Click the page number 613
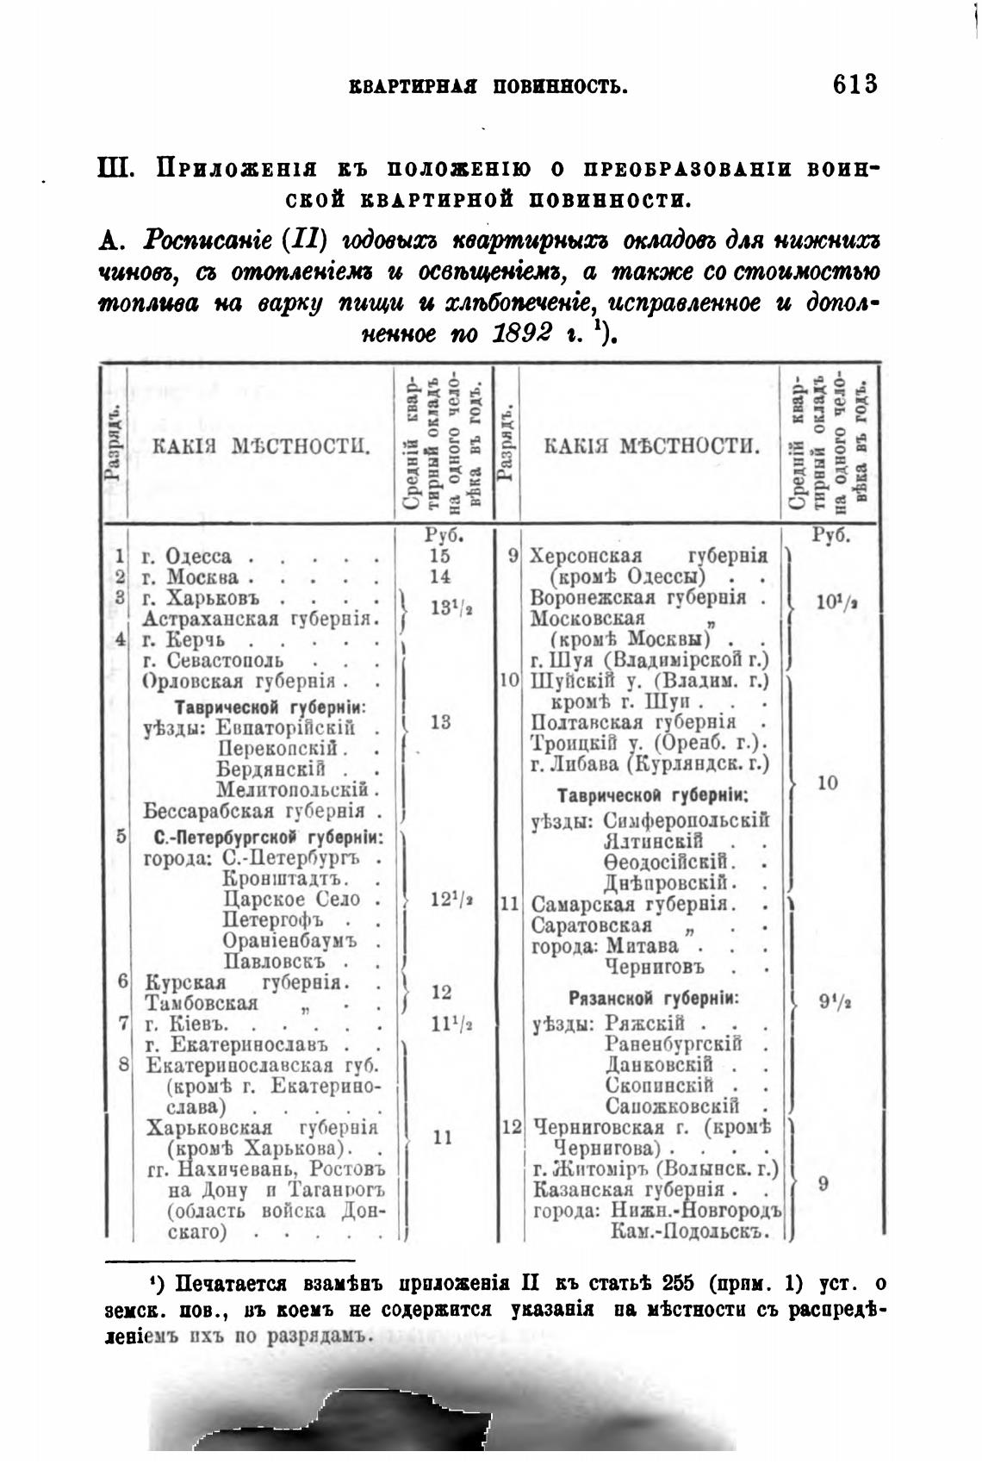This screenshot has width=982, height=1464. click(855, 84)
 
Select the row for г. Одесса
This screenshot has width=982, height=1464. click(197, 556)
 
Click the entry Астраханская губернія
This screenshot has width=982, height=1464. click(257, 618)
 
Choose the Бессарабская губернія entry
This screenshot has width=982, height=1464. click(256, 811)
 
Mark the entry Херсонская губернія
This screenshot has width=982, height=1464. click(649, 556)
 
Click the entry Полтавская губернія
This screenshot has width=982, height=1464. click(633, 721)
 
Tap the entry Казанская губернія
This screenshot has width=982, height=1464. click(628, 1190)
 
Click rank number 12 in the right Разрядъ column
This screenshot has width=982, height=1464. click(512, 1127)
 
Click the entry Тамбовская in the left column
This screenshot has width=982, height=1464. click(202, 1003)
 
